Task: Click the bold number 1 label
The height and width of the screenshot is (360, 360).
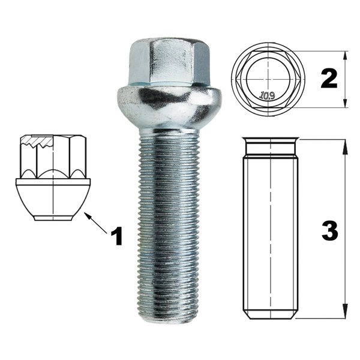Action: coord(117,236)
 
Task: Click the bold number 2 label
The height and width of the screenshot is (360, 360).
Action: coord(329,79)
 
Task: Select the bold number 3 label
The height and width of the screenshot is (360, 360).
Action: coord(330,231)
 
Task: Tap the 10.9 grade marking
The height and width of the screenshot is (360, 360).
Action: coord(267,95)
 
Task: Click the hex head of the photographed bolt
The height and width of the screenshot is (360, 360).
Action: coord(169,62)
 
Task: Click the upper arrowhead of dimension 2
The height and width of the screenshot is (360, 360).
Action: coord(345,56)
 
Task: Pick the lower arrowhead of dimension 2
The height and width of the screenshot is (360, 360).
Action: coord(345,103)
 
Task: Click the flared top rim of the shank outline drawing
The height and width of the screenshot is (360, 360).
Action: coord(271,140)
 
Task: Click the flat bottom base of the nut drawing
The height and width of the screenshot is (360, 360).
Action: coord(53,218)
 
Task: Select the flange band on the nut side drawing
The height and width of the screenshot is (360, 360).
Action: coord(53,182)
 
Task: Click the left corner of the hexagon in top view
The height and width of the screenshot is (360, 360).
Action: coord(237,79)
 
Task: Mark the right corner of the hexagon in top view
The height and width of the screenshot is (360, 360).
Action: coord(300,79)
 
